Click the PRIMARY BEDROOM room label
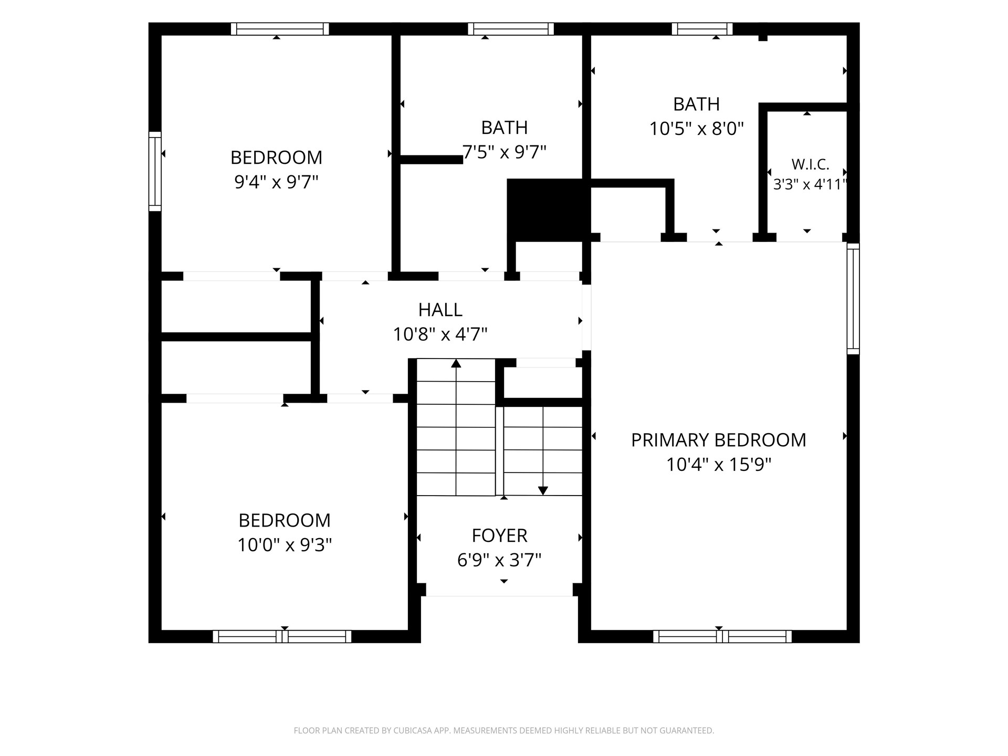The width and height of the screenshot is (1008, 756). tap(718, 440)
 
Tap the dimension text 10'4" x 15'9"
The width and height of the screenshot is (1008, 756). tap(718, 465)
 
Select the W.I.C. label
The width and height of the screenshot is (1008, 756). tap(810, 164)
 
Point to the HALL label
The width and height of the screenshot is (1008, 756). tap(440, 310)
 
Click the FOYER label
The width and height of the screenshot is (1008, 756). tap(499, 535)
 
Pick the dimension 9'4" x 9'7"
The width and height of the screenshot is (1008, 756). tap(276, 182)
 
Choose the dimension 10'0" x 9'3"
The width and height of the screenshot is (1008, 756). tap(285, 545)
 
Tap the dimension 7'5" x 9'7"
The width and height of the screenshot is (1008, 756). tap(504, 152)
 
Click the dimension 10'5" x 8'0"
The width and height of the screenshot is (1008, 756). tap(697, 129)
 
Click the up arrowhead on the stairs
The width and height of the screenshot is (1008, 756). tap(456, 363)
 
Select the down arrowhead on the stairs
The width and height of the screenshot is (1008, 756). tap(543, 491)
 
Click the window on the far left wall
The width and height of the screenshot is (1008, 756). tap(155, 171)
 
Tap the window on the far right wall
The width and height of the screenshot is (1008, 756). tap(853, 298)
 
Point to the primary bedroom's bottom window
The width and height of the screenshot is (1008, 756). tap(722, 636)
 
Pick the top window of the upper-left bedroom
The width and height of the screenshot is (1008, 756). tap(280, 29)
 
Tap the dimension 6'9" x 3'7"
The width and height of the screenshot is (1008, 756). tap(499, 560)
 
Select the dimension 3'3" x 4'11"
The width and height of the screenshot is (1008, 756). tap(810, 184)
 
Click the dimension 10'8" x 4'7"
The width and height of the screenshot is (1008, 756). tap(440, 334)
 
